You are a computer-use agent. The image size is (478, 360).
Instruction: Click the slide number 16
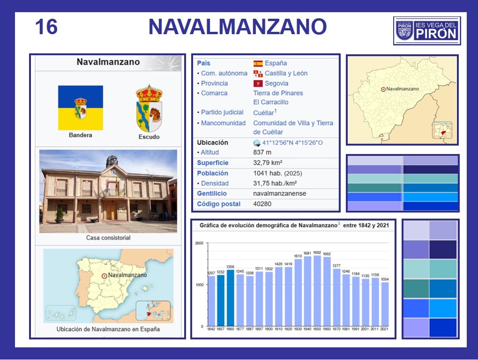pyautogui.click(x=46, y=27)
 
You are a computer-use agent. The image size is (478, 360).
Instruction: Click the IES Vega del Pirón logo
pyautogui.click(x=427, y=30)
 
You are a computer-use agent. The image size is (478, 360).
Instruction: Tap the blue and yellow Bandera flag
pyautogui.click(x=81, y=108)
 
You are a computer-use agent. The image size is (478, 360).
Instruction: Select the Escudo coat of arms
pyautogui.click(x=149, y=108)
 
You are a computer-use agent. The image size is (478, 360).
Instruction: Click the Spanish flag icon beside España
pyautogui.click(x=258, y=63)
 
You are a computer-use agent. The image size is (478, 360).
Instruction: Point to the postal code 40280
pyautogui.click(x=262, y=204)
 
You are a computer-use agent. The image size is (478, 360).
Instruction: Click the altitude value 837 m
pyautogui.click(x=262, y=152)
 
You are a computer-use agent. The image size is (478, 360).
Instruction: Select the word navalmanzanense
pyautogui.click(x=280, y=193)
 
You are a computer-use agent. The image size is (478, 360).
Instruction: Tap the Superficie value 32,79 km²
pyautogui.click(x=268, y=162)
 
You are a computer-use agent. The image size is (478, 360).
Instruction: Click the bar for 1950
pyautogui.click(x=317, y=291)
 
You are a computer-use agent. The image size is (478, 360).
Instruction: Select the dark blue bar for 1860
pyautogui.click(x=230, y=298)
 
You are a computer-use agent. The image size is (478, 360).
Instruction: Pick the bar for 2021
pyautogui.click(x=385, y=304)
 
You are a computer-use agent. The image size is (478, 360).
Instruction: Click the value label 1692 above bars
pyautogui.click(x=317, y=252)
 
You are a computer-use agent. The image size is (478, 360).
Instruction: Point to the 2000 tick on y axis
pyautogui.click(x=199, y=243)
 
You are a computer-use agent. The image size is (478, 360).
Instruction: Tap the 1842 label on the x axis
pyautogui.click(x=211, y=329)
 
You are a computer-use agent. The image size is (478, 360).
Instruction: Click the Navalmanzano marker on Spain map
pyautogui.click(x=104, y=276)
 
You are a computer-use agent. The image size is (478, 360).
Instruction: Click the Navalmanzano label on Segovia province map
pyautogui.click(x=403, y=89)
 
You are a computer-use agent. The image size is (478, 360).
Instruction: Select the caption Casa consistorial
pyautogui.click(x=108, y=237)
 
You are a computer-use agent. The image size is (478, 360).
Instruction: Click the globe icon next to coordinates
pyautogui.click(x=257, y=143)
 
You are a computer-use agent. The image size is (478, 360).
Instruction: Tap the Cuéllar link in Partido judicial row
pyautogui.click(x=263, y=113)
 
